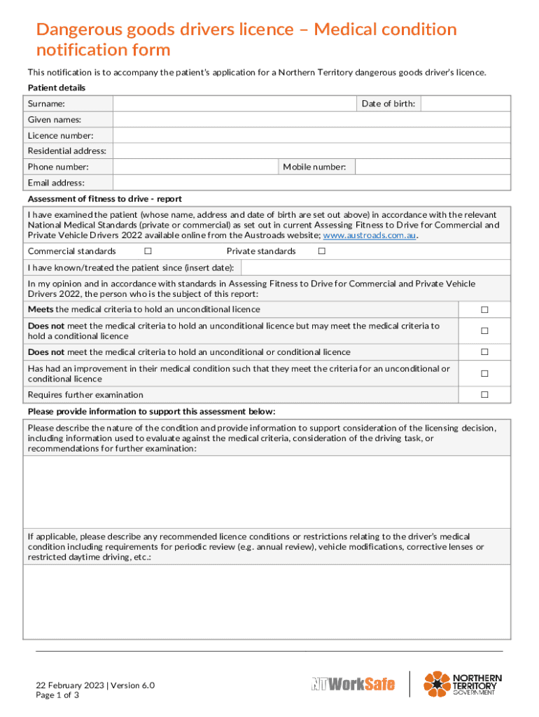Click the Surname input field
(234, 104)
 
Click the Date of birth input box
(465, 104)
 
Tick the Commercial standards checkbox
(148, 251)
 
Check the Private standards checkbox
(322, 251)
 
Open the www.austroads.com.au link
(369, 235)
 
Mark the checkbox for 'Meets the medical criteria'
(484, 309)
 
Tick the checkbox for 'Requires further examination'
(484, 395)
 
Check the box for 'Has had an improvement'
(484, 374)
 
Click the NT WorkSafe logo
(353, 683)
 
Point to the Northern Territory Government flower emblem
(437, 684)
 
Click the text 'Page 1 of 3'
(57, 695)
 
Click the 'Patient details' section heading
(57, 88)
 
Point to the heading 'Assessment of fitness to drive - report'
(104, 199)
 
